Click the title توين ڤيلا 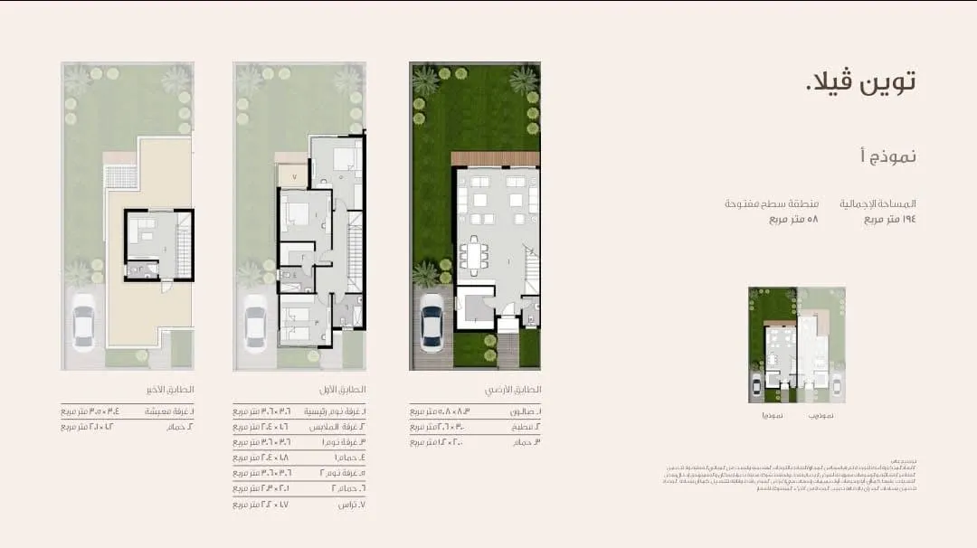point(860,81)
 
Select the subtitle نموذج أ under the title point(887,156)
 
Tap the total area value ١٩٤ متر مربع point(890,219)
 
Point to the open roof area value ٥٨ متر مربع point(793,219)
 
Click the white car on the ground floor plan point(432,323)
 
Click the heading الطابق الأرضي point(518,390)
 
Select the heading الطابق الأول point(344,390)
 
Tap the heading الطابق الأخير point(171,390)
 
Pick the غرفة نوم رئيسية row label point(334,411)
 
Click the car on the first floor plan point(255,323)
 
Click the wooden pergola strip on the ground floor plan point(495,158)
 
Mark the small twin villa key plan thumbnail point(796,345)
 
